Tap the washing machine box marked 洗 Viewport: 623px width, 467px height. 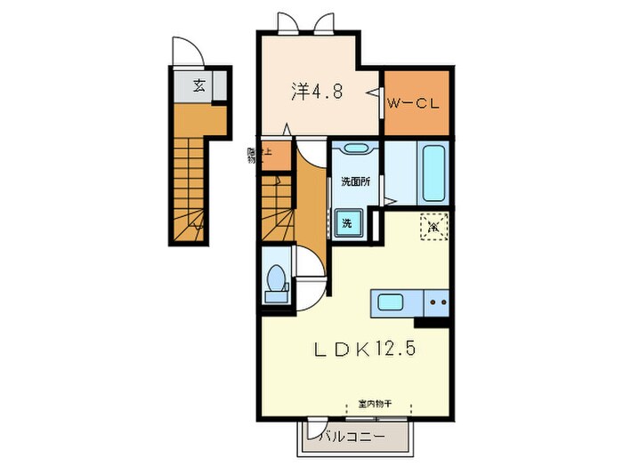(x=348, y=221)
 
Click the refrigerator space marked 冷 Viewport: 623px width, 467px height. (x=433, y=227)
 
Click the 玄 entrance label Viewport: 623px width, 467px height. (x=200, y=86)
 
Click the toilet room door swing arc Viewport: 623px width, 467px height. (x=311, y=265)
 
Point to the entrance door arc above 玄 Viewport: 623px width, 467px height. (x=190, y=55)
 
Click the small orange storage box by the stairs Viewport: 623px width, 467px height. (x=276, y=155)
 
